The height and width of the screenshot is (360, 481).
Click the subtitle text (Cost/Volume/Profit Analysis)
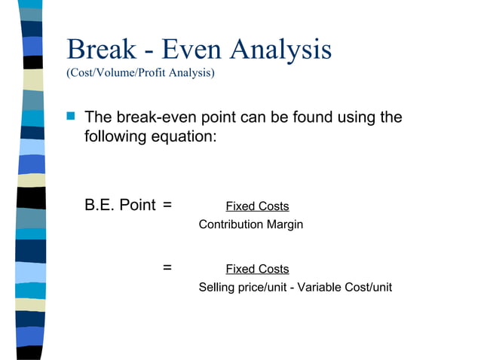(x=140, y=73)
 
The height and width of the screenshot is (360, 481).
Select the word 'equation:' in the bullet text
(x=186, y=138)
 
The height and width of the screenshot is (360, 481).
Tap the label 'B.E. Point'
(x=120, y=205)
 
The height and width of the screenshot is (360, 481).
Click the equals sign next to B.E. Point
(x=167, y=205)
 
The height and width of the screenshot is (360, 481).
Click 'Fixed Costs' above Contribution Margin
(x=257, y=206)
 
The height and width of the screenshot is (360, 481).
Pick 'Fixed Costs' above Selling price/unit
(x=257, y=269)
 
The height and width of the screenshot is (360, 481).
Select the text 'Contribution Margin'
(x=250, y=224)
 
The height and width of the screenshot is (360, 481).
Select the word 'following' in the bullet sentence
(x=117, y=138)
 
